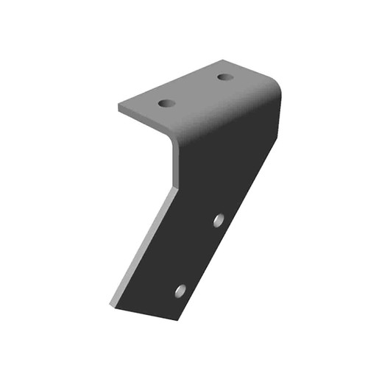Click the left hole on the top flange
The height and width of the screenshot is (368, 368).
pyautogui.click(x=167, y=103)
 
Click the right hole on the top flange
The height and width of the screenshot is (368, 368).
pyautogui.click(x=225, y=77)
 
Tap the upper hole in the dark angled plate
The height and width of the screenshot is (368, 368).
pyautogui.click(x=219, y=220)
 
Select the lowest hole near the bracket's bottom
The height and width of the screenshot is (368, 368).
pyautogui.click(x=180, y=291)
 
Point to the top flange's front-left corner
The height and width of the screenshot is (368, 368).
pyautogui.click(x=120, y=107)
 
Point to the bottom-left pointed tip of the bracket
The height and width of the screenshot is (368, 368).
pyautogui.click(x=112, y=303)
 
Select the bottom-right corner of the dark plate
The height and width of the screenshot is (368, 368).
pyautogui.click(x=177, y=319)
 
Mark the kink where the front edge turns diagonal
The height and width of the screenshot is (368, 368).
pyautogui.click(x=177, y=187)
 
